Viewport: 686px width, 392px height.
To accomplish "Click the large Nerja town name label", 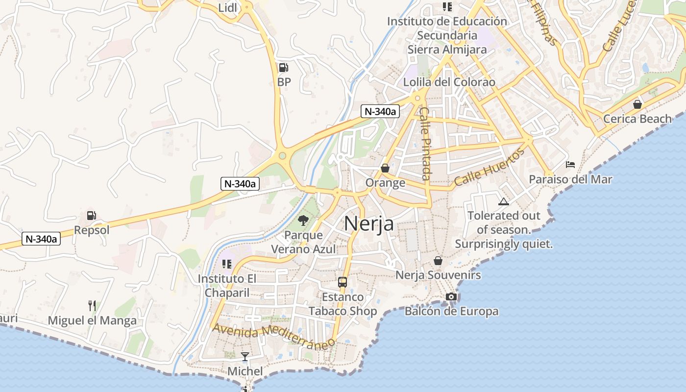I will point(368,223).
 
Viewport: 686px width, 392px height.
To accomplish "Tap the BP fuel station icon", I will point(283,68).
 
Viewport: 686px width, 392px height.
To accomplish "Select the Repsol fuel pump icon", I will point(91,216).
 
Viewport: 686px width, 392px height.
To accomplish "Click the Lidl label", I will point(227,7).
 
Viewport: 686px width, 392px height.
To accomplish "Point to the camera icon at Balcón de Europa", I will point(451,296).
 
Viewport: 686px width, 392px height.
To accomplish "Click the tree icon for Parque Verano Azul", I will point(303,220).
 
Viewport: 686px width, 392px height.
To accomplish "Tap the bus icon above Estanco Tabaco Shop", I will point(343,282).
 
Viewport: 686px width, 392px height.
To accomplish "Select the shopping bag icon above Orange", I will point(385,168).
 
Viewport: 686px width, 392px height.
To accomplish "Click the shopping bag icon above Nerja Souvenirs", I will point(438,261).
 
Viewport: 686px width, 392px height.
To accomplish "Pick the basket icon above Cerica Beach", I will point(637,104).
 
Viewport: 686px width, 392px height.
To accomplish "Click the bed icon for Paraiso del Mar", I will point(570,165).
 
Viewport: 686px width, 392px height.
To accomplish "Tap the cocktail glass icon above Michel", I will point(245,356).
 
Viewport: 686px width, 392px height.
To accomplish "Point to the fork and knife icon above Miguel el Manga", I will point(92,306).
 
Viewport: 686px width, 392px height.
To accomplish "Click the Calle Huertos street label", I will point(489,167).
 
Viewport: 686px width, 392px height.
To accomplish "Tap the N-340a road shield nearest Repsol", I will point(42,239).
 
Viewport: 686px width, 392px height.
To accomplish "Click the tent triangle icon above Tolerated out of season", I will point(503,201).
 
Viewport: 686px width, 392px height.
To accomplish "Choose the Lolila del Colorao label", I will point(449,82).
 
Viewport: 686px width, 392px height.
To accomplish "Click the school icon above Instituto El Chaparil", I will point(226,265).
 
